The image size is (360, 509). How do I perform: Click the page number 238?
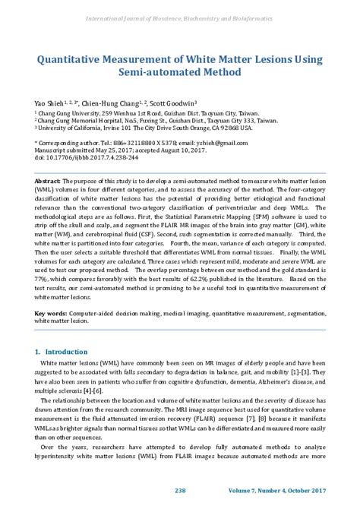pyautogui.click(x=180, y=490)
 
